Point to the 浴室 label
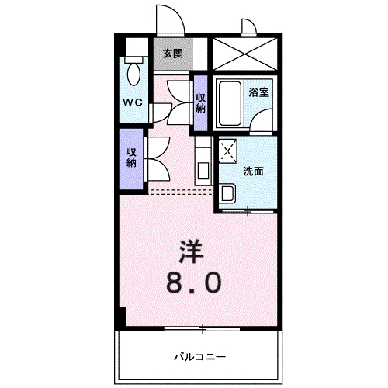(258, 92)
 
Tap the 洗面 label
(253, 171)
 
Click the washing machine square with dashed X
(229, 151)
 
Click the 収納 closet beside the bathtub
(200, 102)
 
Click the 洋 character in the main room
(192, 250)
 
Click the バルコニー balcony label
(199, 356)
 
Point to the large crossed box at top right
(244, 54)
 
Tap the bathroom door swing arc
(264, 120)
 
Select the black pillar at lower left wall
(121, 317)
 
